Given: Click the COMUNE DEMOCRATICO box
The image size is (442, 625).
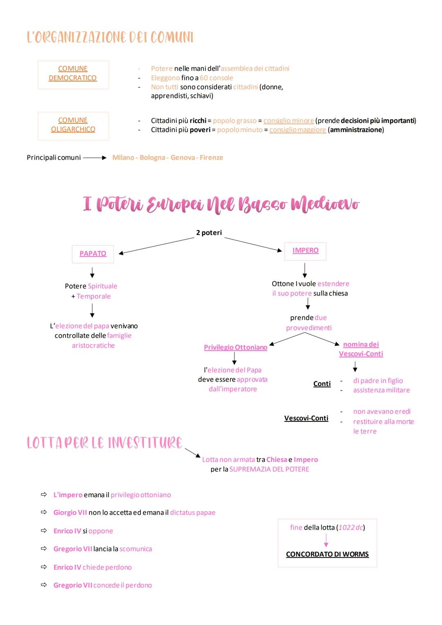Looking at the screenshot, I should (x=73, y=75).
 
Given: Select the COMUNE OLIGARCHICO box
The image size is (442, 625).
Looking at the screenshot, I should (x=73, y=126).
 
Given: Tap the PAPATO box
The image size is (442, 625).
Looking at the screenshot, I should (x=93, y=254).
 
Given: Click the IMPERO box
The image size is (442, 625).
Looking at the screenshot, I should (x=305, y=251).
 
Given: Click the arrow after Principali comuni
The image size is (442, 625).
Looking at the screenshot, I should (x=95, y=158).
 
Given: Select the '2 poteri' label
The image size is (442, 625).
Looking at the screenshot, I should (x=209, y=233).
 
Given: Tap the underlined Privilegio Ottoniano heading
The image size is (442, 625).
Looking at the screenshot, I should (x=235, y=347).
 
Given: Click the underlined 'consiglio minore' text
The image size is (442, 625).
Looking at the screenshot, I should (x=289, y=121).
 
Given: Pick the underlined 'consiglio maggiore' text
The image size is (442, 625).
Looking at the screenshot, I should (x=298, y=130).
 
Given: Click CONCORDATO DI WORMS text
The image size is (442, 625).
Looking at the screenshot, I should (x=327, y=554).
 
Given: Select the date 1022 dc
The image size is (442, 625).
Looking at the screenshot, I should (x=351, y=528).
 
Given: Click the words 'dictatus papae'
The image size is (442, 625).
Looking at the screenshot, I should (x=192, y=513).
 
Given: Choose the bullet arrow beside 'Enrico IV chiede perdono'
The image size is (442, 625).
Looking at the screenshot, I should (x=44, y=567).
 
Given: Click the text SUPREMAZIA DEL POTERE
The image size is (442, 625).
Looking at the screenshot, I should (x=269, y=469).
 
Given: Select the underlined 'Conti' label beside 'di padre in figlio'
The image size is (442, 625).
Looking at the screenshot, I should (x=322, y=384).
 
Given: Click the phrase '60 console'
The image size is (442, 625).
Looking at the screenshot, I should (x=216, y=78).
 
